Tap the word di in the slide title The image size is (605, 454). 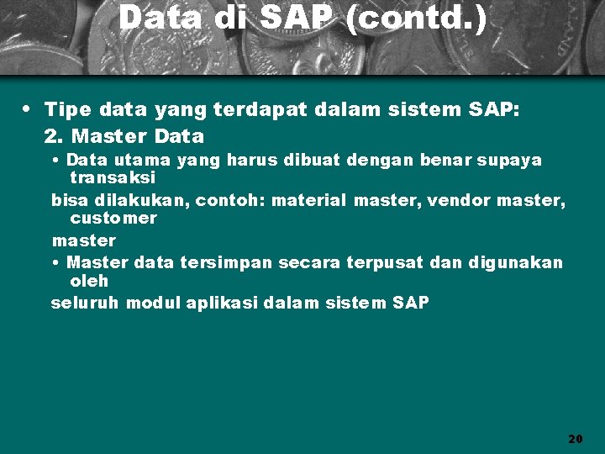227,18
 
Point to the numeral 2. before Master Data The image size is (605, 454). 55,135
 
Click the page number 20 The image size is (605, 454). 575,438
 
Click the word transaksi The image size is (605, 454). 113,178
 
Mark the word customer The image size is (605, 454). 113,219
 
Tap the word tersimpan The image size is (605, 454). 226,263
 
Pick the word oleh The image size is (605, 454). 89,282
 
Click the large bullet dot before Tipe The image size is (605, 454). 29,109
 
